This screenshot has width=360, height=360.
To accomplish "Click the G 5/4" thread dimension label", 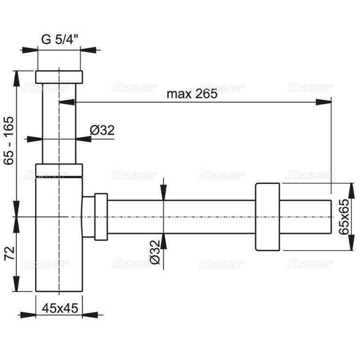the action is point(60,40).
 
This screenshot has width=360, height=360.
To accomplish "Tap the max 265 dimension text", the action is point(192,94).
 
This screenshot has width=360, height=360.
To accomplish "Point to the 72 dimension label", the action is point(9,253).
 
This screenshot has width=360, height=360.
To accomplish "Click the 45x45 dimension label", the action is point(60,308).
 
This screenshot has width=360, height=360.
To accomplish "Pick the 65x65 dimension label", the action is point(344,216).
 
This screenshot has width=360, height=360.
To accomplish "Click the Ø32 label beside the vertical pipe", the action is point(102,130).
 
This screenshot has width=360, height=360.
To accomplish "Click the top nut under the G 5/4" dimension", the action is point(59,77).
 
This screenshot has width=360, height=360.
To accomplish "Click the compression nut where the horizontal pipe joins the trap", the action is point(101,217).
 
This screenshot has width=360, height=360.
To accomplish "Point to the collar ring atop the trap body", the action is point(59,170).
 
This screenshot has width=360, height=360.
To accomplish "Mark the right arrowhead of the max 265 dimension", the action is point(323,102).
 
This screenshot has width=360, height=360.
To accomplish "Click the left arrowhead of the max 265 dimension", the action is point(67,102).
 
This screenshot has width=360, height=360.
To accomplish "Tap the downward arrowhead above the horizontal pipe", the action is point(163,193).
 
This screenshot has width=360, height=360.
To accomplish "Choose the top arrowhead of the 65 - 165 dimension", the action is point(17,78).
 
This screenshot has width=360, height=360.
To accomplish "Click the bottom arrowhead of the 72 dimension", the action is point(17,284).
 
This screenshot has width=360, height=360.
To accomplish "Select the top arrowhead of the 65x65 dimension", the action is point(351,190).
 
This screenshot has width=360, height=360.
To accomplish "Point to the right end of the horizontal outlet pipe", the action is point(331,217).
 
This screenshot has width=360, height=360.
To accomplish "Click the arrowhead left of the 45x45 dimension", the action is point(28,315).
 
